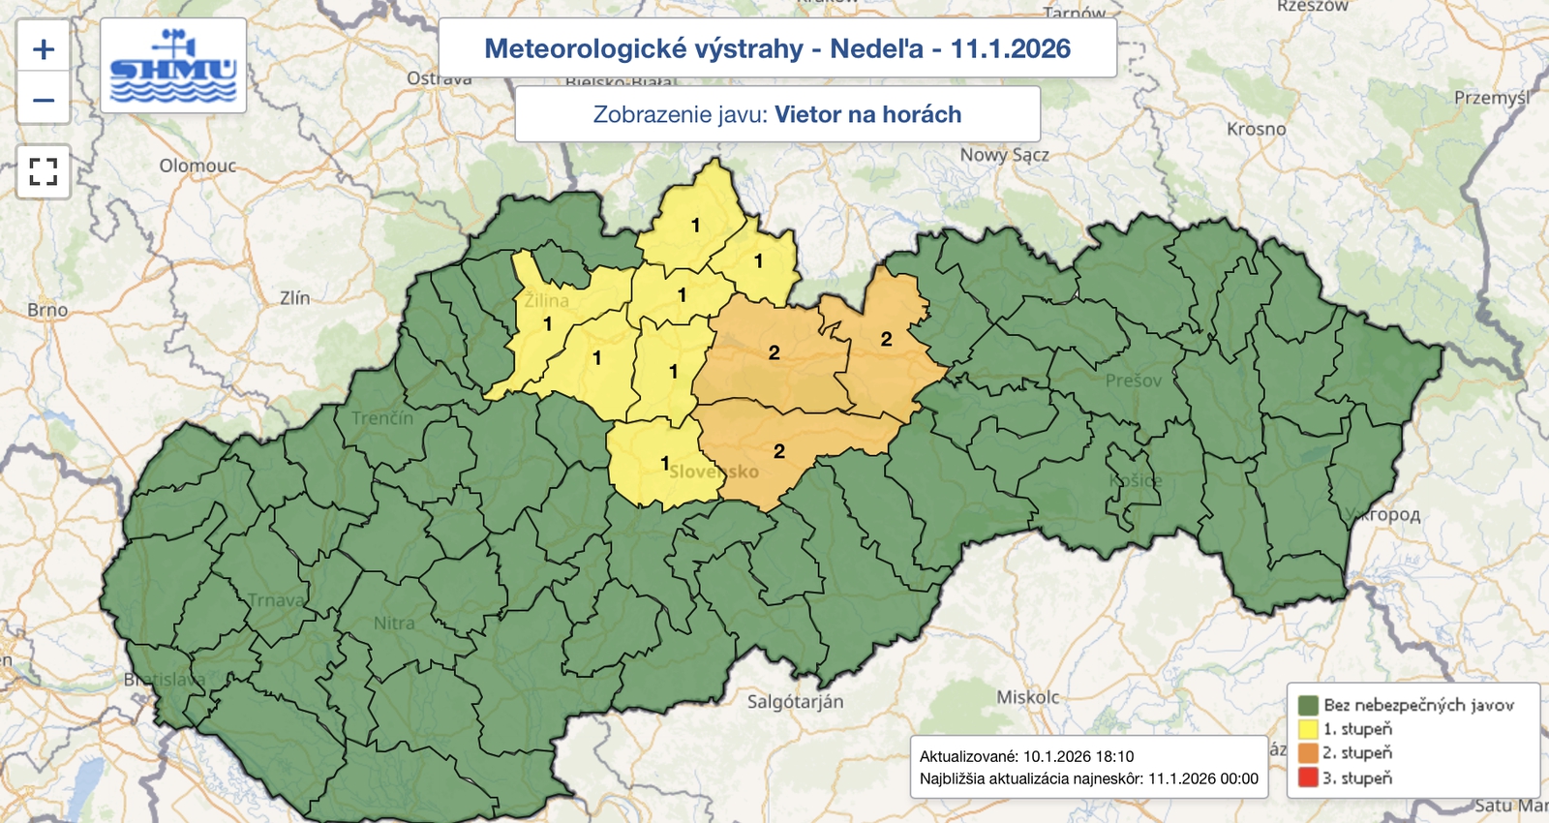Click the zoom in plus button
[x=44, y=49]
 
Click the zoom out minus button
[x=44, y=100]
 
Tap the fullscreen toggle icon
[x=44, y=172]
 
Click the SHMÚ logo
[x=173, y=66]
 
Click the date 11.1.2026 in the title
[x=1010, y=48]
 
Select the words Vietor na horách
[x=867, y=114]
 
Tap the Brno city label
[x=47, y=310]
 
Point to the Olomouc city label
[x=197, y=166]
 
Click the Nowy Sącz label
[x=1004, y=155]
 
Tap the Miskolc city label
[x=1027, y=697]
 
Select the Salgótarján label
[x=795, y=701]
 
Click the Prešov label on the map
[x=1133, y=381]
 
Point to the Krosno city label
[x=1256, y=129]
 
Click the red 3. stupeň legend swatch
[x=1308, y=777]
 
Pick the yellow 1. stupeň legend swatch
[x=1308, y=729]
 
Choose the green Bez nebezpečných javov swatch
[x=1308, y=705]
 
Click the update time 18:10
[x=1112, y=756]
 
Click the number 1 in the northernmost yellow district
[x=695, y=225]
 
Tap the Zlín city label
[x=294, y=298]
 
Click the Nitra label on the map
[x=394, y=623]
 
